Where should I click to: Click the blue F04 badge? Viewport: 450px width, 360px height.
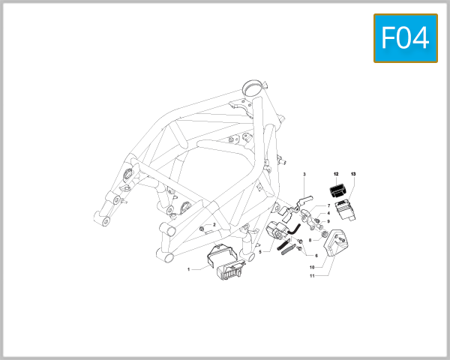coord(405,37)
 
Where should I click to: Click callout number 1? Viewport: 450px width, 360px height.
coord(189,269)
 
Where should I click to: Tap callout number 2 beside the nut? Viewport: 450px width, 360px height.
coord(214,224)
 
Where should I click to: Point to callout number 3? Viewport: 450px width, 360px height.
coord(304,174)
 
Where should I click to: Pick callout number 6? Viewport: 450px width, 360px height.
coord(316,256)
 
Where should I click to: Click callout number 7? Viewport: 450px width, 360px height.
coord(328,205)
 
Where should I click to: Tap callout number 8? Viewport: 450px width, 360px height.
coord(310,240)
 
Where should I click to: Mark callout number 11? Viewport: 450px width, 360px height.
coord(311,276)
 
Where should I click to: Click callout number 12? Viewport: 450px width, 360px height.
coord(337,174)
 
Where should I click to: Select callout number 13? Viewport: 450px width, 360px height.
coord(353,174)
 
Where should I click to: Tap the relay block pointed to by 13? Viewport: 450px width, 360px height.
coord(344,206)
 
